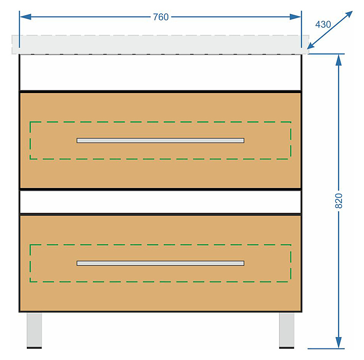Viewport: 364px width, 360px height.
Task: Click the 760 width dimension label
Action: click(x=160, y=17)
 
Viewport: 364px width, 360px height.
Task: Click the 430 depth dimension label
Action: click(x=323, y=24)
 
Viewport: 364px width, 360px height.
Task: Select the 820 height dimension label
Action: click(x=339, y=201)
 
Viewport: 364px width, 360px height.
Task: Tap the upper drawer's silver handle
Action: click(x=160, y=140)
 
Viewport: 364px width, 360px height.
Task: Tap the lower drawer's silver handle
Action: click(x=160, y=263)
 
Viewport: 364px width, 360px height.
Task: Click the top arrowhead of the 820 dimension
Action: click(x=339, y=60)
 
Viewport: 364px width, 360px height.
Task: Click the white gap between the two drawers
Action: click(x=160, y=202)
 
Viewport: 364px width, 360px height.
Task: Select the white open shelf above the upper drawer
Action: click(x=160, y=72)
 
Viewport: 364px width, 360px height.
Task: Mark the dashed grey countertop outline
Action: click(x=160, y=44)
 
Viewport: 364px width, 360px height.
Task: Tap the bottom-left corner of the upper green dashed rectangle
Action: click(x=30, y=159)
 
